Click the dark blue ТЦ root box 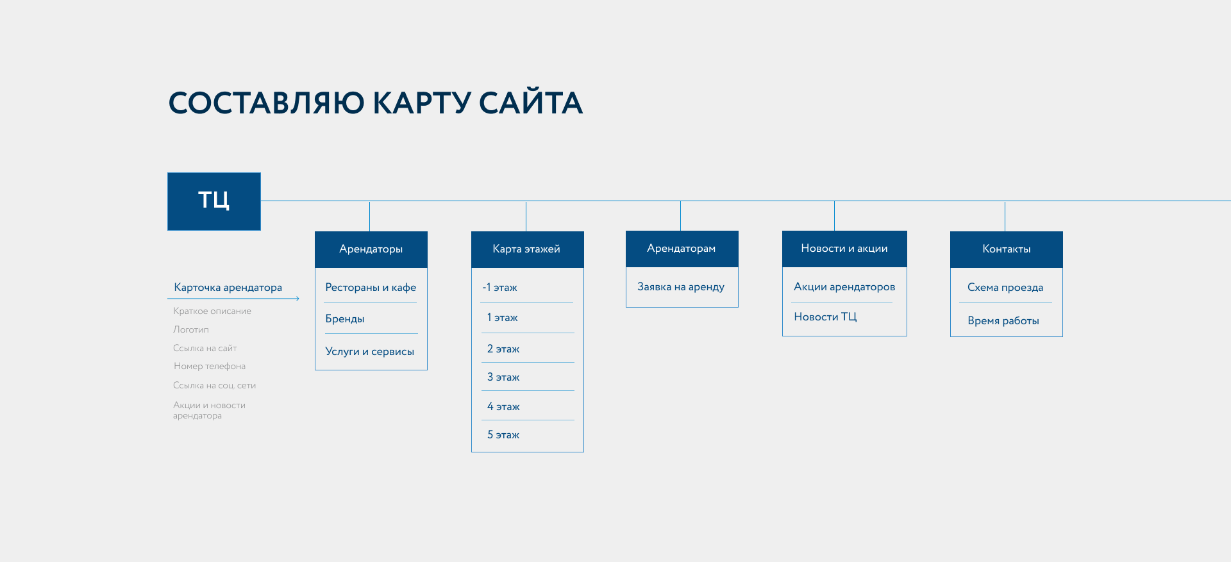click(x=214, y=201)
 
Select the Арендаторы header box click(x=371, y=249)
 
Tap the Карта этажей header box click(x=527, y=249)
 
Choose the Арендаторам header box click(x=682, y=249)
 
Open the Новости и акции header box click(x=844, y=249)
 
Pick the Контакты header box click(x=1006, y=249)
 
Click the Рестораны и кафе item click(x=371, y=288)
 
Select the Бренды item click(x=345, y=319)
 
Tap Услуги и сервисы click(x=370, y=352)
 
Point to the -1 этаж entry click(x=500, y=288)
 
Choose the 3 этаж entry click(x=503, y=377)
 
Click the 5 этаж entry click(x=503, y=435)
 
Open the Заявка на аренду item click(x=681, y=287)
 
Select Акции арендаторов click(x=844, y=287)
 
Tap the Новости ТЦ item click(x=825, y=317)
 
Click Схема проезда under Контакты click(x=1005, y=288)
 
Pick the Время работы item click(x=1003, y=321)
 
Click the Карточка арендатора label click(x=228, y=288)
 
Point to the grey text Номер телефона click(x=210, y=367)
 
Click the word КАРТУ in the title click(x=422, y=103)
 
